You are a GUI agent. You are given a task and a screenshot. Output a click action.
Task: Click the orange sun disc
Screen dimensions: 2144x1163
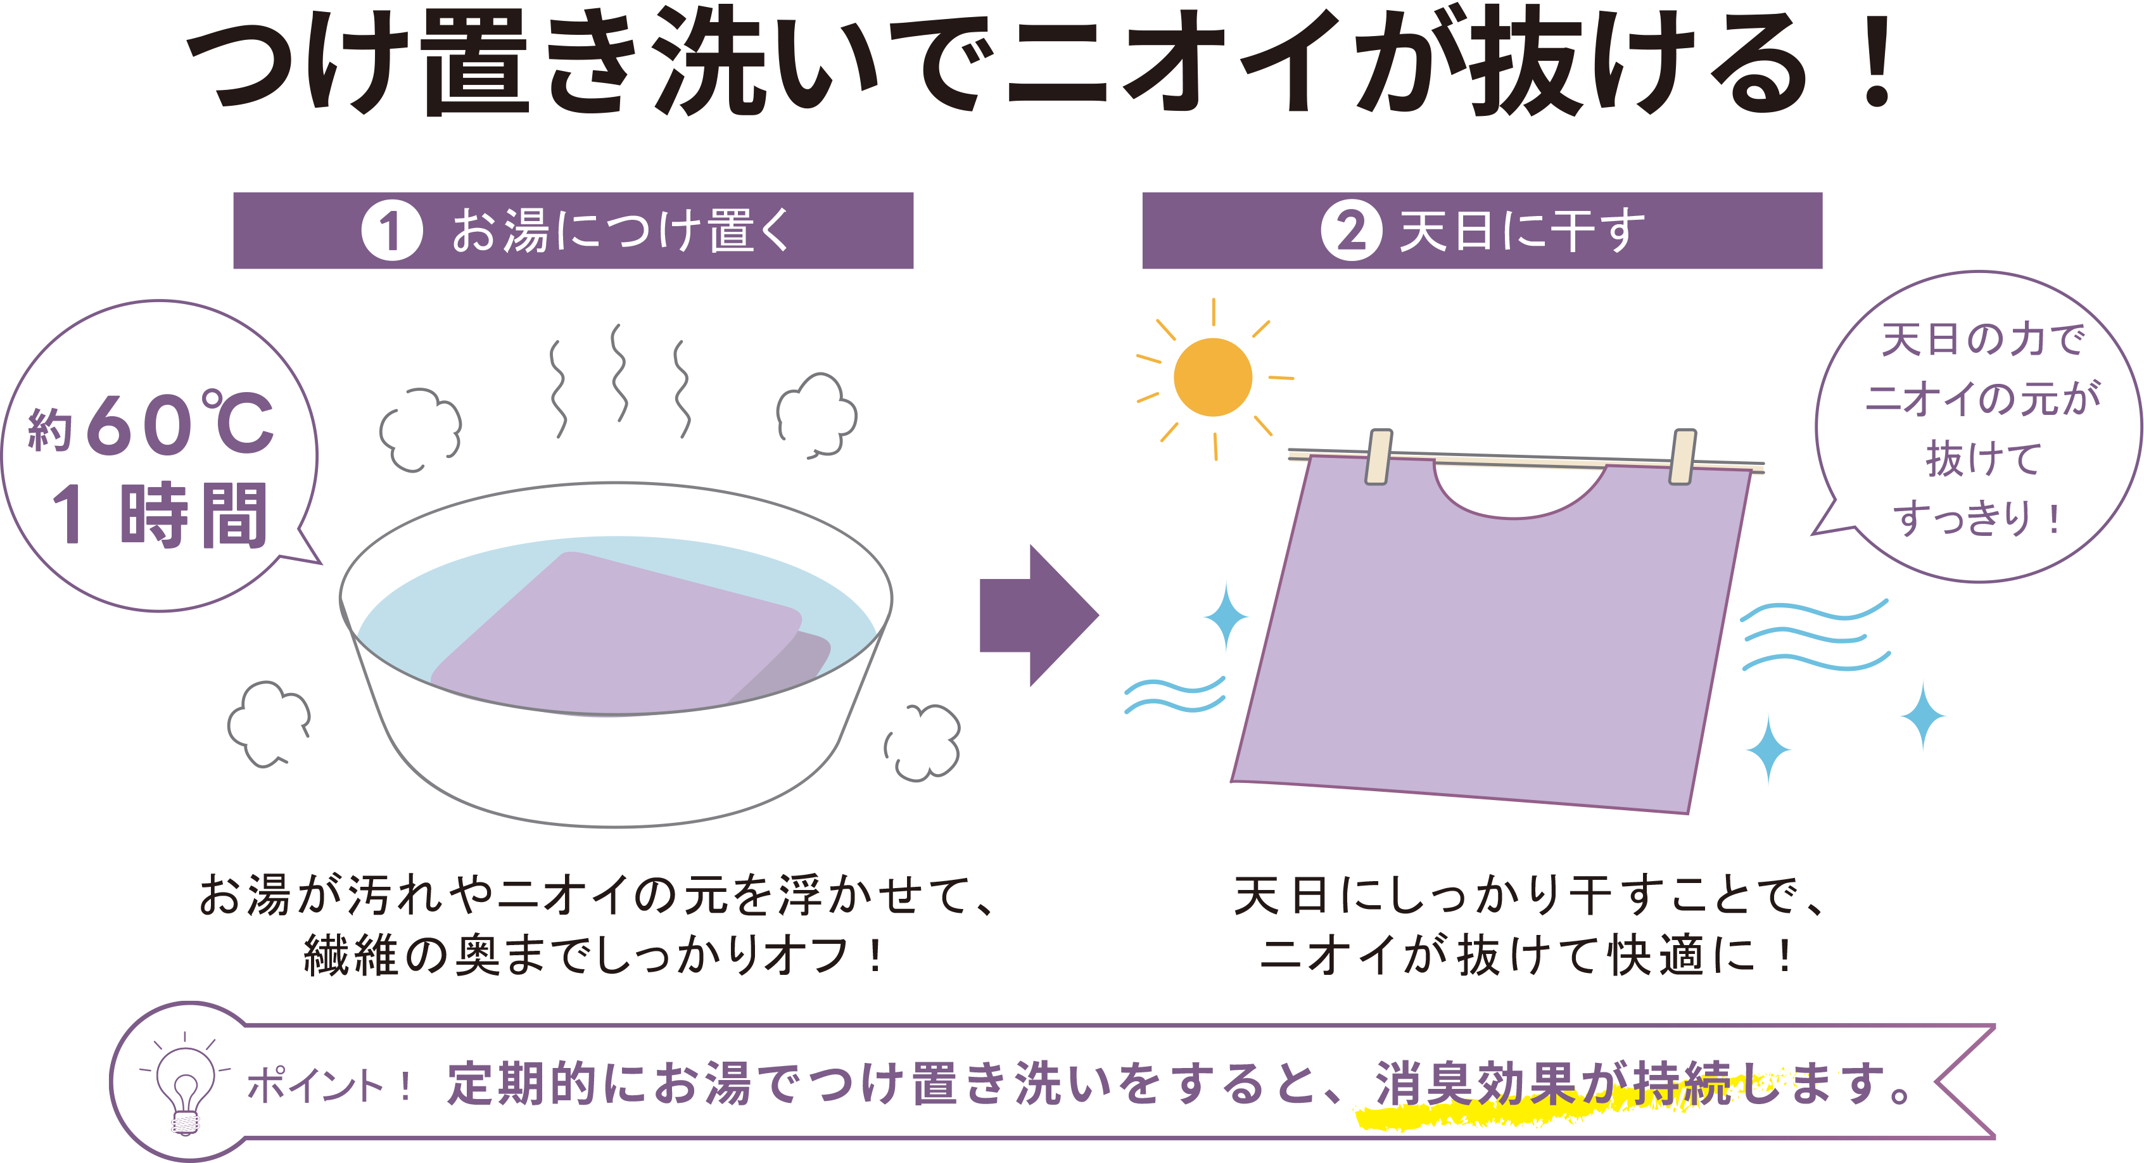[1213, 377]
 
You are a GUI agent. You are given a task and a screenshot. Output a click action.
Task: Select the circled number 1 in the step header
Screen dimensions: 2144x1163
[391, 231]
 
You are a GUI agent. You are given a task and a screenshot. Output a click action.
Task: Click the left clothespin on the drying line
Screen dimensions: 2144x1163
[1378, 456]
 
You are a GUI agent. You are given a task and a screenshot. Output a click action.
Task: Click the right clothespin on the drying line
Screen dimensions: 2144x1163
[1682, 456]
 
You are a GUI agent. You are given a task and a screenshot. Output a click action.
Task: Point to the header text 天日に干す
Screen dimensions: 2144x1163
[1522, 231]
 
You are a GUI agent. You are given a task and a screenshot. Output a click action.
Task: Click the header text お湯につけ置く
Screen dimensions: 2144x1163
[621, 231]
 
